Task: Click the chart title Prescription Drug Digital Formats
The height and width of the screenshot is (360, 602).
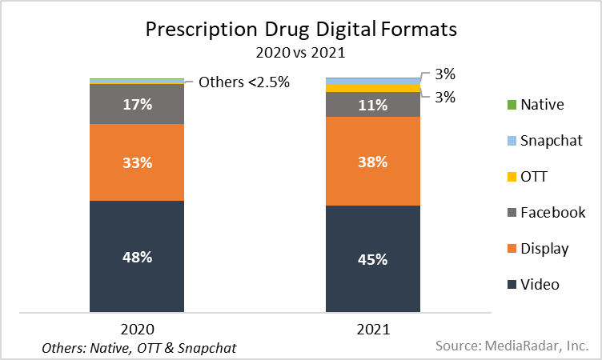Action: [301, 30]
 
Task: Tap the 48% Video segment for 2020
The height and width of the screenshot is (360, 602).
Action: [137, 257]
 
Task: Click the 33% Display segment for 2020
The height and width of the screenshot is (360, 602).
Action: [137, 162]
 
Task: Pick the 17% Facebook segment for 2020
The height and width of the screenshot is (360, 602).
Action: [137, 104]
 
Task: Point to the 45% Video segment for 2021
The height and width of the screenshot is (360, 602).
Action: [373, 259]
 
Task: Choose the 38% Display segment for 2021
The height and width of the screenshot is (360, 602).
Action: [373, 162]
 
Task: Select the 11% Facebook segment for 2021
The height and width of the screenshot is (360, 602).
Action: [373, 105]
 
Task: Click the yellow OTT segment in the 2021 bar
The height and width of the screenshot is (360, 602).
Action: [373, 88]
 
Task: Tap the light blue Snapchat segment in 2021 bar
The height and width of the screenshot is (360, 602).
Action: [373, 81]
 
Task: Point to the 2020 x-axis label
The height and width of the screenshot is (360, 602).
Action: [137, 329]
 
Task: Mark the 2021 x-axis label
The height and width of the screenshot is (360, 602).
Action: [373, 329]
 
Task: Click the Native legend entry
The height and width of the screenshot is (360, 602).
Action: [542, 104]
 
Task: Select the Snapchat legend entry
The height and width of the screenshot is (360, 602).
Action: [550, 141]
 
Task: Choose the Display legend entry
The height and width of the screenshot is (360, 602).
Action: [544, 249]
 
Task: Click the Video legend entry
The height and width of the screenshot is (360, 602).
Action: [540, 285]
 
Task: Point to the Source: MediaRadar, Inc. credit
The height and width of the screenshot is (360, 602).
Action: [512, 346]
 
